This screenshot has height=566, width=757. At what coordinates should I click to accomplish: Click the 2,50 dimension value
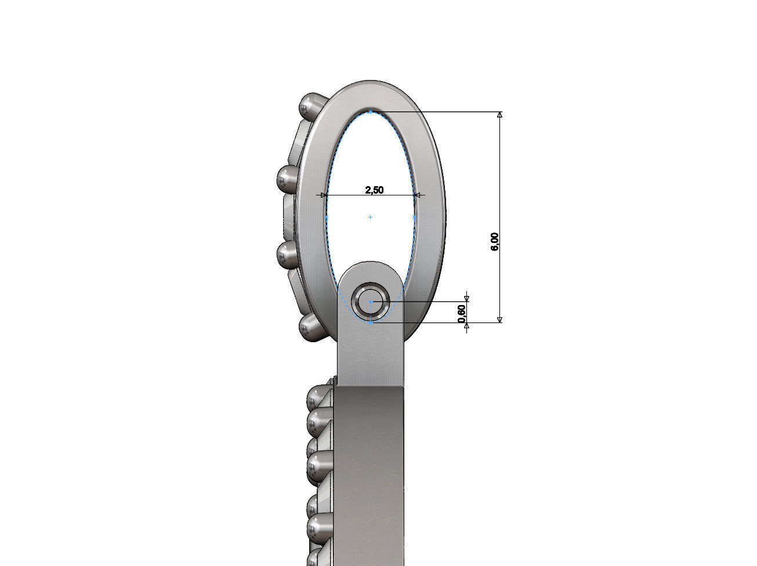coord(374,190)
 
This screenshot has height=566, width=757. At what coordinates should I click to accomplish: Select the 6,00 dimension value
coord(495,241)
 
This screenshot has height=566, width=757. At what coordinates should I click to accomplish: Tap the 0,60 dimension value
coord(462,313)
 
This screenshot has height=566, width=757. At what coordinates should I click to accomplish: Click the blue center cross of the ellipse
coord(370,217)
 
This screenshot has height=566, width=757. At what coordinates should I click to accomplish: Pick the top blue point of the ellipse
coord(370,111)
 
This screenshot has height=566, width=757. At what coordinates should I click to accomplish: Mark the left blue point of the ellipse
coord(326,217)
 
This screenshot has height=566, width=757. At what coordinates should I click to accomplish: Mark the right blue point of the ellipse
coord(415,217)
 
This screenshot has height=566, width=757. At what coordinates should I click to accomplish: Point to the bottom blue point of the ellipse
coord(371,322)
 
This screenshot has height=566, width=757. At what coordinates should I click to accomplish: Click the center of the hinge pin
coord(371,302)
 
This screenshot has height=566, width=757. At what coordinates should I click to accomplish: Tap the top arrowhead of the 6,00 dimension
coord(500,115)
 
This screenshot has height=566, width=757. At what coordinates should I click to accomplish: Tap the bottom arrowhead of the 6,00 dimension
coord(500,318)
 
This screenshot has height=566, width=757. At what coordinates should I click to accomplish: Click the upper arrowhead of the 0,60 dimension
coord(466,298)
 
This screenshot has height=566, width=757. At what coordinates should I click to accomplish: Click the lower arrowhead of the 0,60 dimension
coord(466,326)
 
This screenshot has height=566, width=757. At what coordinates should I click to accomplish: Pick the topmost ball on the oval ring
coord(312,105)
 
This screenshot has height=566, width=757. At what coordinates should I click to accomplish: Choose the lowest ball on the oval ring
coord(312,329)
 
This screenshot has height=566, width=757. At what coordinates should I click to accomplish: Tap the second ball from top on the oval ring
coord(288,179)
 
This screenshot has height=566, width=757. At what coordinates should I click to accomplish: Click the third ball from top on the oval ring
coord(288,253)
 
